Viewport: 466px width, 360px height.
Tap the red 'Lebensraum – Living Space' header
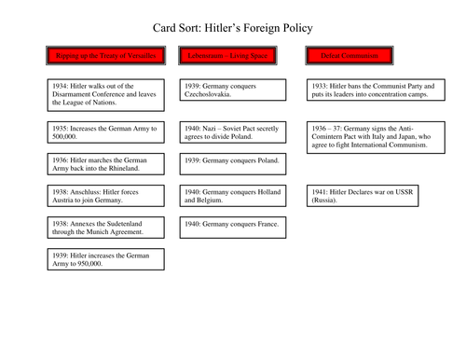(225, 57)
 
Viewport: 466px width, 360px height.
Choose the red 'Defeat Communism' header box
(350, 57)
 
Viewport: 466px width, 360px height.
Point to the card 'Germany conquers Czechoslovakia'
(226, 90)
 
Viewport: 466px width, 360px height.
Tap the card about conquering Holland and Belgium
(226, 196)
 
